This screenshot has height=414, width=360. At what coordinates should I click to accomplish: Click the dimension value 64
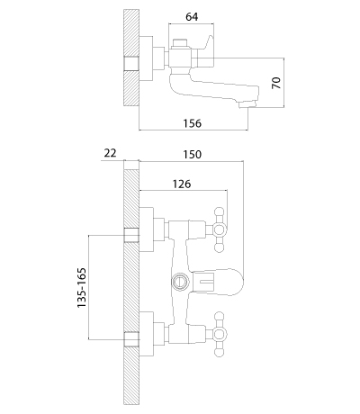(192, 17)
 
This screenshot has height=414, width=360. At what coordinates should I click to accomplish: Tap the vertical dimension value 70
(276, 83)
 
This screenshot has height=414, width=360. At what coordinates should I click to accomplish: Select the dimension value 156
(193, 123)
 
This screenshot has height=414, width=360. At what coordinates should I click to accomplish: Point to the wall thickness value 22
(110, 153)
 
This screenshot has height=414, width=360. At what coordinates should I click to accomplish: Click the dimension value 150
(193, 155)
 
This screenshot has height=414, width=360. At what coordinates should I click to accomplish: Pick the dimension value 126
(182, 184)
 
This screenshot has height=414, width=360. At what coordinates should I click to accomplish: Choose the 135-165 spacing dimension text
(82, 287)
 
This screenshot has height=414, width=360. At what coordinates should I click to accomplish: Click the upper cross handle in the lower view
(220, 229)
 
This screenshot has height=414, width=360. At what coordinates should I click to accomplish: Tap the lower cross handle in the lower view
(220, 334)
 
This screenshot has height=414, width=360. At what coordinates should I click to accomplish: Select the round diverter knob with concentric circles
(180, 282)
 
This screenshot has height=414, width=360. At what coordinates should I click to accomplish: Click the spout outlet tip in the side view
(247, 104)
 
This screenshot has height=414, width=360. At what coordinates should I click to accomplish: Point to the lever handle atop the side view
(207, 47)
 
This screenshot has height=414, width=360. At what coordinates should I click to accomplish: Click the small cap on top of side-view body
(181, 43)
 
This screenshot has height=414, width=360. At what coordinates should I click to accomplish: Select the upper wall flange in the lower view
(147, 229)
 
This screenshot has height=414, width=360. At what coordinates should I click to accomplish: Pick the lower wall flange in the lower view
(147, 334)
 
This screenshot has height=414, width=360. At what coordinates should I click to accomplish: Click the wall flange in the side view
(146, 58)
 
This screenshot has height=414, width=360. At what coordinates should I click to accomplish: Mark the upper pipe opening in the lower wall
(131, 235)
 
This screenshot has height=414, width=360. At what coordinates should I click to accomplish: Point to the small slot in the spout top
(207, 282)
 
